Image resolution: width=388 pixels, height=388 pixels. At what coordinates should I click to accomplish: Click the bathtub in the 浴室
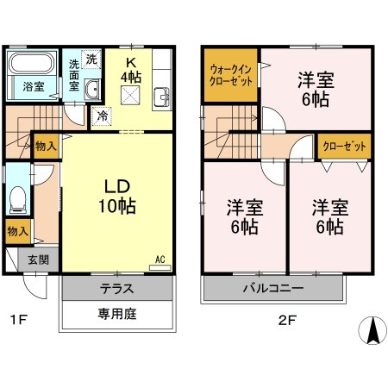pyautogui.click(x=30, y=66)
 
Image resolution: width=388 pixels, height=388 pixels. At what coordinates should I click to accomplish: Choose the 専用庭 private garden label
pyautogui.click(x=116, y=314)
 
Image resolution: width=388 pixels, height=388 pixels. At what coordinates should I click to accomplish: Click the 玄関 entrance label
pyautogui.click(x=37, y=260)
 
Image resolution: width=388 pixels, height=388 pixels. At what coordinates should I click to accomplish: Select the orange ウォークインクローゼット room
pyautogui.click(x=230, y=75)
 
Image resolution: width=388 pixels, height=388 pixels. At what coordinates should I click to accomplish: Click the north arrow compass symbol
pyautogui.click(x=372, y=329)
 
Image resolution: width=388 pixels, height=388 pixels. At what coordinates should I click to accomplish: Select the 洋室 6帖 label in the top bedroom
pyautogui.click(x=316, y=89)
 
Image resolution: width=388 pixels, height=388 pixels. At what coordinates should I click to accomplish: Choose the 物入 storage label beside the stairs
pyautogui.click(x=46, y=147)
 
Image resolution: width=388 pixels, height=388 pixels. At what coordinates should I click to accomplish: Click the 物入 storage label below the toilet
pyautogui.click(x=16, y=230)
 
